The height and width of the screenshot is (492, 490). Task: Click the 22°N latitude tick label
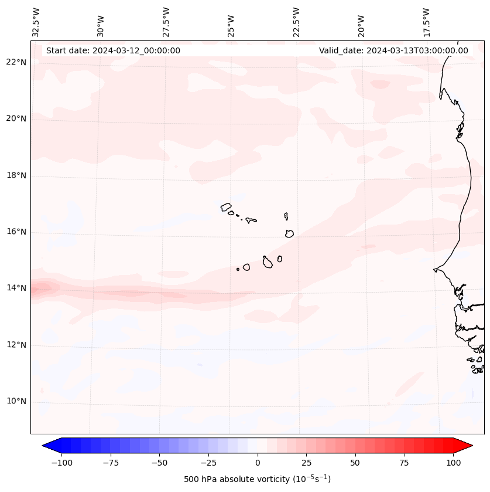coord(16,62)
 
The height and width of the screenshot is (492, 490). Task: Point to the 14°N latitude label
coord(16,288)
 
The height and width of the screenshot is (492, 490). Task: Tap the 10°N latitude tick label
coord(16,402)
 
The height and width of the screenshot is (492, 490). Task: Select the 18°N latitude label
coord(16,175)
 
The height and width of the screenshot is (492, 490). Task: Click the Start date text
coord(113,50)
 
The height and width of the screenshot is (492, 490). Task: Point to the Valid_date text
coord(393,50)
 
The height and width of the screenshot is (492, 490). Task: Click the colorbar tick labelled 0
coord(258,463)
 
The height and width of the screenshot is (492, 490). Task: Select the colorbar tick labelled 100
coord(454,463)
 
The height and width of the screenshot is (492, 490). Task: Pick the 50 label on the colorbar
coord(355,463)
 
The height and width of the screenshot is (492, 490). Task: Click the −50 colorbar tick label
coord(159,463)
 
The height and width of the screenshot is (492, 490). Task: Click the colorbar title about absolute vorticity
coord(257,479)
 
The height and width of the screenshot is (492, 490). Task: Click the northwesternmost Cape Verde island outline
coord(226,206)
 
